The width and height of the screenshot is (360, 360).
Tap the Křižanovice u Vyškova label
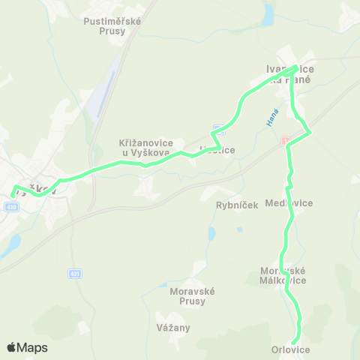pos(147,147)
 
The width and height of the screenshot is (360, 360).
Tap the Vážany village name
pos(173,328)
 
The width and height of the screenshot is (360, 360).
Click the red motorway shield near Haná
pos(284,141)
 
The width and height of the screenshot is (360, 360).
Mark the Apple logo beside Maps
pos(11,347)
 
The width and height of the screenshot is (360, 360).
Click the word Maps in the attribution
pos(32,347)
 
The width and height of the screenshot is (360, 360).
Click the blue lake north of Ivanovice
pos(268,13)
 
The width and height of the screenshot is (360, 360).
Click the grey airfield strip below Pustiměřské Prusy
pos(106,90)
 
